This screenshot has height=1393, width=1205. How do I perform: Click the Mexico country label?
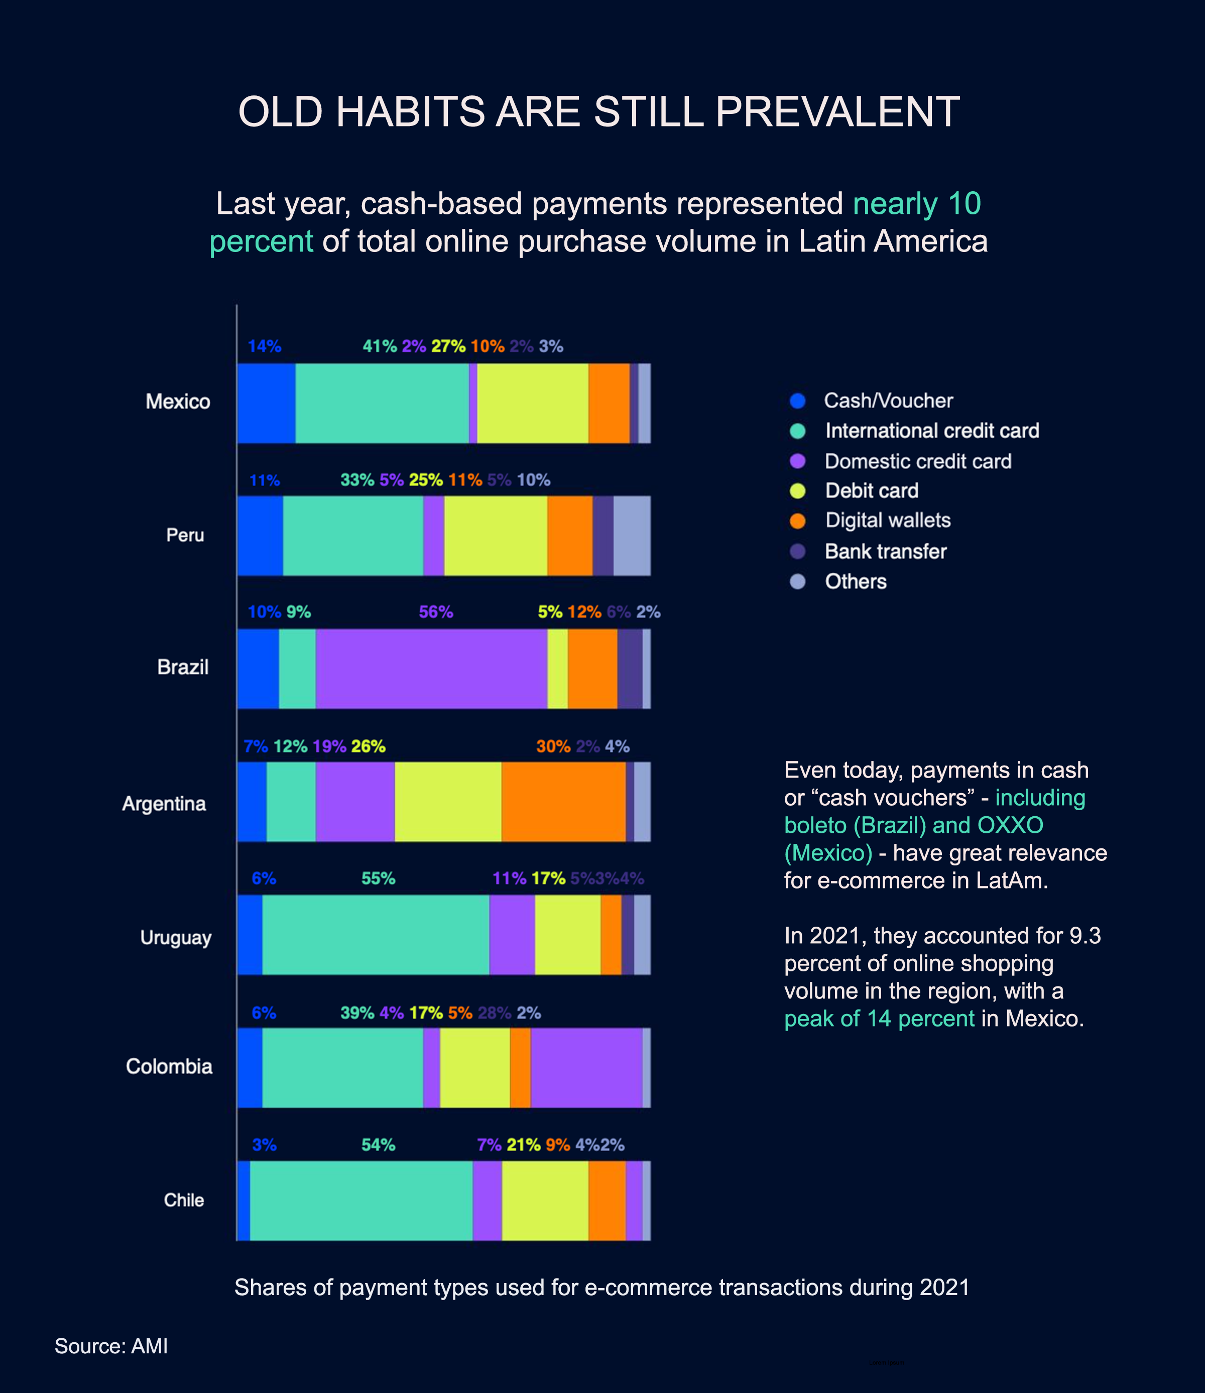point(178,402)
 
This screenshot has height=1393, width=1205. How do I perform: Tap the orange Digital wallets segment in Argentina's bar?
point(563,801)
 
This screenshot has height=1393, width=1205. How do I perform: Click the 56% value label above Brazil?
point(436,612)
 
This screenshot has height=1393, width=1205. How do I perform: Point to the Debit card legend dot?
point(797,491)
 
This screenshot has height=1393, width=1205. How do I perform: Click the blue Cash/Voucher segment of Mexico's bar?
point(266,404)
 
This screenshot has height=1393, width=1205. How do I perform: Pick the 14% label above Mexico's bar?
point(264,346)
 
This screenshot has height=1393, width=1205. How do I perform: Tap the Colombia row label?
point(169,1066)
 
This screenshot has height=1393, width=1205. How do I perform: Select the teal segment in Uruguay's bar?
point(375,935)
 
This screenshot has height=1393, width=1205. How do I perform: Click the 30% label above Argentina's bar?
point(553,746)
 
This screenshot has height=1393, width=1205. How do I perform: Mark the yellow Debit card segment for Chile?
point(545,1201)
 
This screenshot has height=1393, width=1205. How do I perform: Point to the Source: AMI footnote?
point(111,1346)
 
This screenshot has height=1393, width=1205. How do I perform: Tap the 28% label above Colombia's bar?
point(494,1013)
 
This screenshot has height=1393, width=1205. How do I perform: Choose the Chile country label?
point(184,1200)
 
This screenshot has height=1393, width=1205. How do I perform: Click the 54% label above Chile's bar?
point(378,1145)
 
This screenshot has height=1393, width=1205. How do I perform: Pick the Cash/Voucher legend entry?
point(888,401)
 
